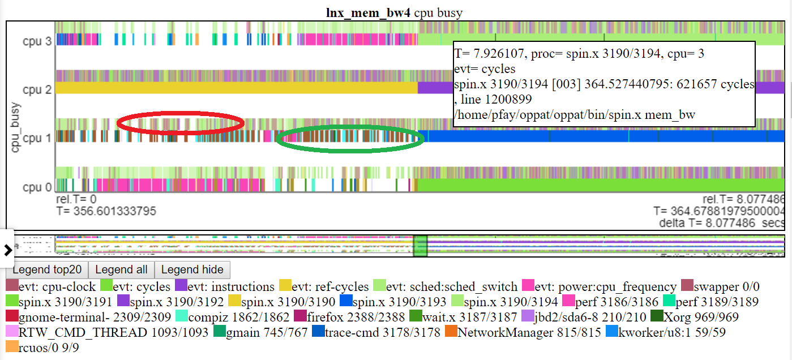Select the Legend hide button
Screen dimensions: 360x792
(x=192, y=269)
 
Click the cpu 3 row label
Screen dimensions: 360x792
(x=37, y=41)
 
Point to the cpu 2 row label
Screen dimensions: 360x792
(x=37, y=89)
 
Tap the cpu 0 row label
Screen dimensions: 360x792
(x=37, y=187)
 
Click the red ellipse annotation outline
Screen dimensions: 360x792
(x=180, y=112)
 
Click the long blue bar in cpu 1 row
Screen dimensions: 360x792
(x=594, y=136)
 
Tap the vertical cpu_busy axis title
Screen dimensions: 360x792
(x=15, y=127)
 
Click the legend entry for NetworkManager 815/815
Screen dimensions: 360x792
(x=498, y=332)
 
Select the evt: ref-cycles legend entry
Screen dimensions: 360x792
(x=324, y=286)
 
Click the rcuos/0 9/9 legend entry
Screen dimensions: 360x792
(x=42, y=347)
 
